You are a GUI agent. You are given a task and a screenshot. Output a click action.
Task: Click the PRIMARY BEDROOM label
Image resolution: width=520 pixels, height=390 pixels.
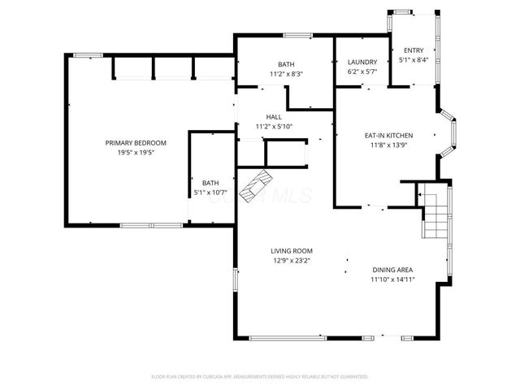(135, 143)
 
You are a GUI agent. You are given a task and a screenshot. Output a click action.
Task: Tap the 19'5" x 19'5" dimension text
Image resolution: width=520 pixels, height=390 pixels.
(135, 152)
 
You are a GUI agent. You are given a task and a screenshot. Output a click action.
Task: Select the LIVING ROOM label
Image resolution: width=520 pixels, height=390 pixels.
(292, 251)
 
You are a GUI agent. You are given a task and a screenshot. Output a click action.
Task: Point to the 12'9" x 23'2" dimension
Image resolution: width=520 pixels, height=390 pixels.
(292, 261)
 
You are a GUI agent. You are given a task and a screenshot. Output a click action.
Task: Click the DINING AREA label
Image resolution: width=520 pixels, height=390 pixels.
(392, 271)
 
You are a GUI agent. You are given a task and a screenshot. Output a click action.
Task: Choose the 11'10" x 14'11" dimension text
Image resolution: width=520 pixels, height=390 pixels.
(392, 280)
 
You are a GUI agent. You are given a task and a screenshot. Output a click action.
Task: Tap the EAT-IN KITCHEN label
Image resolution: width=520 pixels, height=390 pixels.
(388, 135)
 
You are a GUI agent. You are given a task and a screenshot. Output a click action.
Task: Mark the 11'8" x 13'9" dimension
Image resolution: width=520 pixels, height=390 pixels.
(388, 145)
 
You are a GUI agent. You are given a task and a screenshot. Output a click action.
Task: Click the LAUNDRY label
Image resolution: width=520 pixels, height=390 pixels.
(362, 62)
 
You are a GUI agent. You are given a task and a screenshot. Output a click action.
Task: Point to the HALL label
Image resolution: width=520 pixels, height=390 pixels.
(274, 117)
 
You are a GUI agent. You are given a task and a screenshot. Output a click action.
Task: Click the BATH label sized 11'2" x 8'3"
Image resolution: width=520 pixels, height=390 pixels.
(286, 64)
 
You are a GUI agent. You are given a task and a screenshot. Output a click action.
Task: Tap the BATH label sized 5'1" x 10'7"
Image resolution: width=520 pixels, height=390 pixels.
(210, 183)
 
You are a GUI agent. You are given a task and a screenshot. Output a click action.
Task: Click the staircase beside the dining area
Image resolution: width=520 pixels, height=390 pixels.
(435, 211)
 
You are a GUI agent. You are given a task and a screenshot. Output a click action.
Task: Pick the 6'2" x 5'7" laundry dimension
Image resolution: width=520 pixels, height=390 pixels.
(362, 71)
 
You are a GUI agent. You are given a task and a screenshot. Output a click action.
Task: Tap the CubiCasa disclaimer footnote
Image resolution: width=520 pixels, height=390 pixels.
(260, 377)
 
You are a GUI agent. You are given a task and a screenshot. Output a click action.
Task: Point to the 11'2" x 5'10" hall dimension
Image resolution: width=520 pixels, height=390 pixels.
(274, 126)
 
